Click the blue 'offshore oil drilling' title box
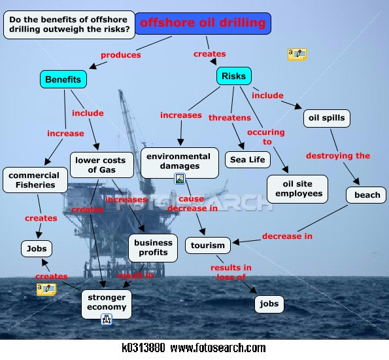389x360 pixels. point(203,24)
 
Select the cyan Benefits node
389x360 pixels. point(63,79)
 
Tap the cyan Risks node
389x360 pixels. point(233,76)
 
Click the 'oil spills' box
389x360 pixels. point(327,118)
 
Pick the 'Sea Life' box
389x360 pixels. point(248,160)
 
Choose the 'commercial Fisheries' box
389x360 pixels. point(35,180)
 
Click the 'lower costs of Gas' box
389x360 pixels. point(102,165)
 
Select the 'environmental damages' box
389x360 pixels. point(180,163)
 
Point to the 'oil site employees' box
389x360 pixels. point(297,189)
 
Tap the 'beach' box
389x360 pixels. point(366,195)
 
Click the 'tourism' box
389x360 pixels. point(208,245)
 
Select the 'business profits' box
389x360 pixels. point(153,247)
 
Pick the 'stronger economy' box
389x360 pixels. point(107,304)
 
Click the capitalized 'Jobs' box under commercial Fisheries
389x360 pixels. point(37,249)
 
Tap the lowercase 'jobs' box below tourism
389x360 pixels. point(269,304)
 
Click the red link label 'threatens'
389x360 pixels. point(229,118)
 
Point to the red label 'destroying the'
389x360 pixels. point(338,156)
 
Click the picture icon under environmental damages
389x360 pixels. point(180,179)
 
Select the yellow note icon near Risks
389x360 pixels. point(297,54)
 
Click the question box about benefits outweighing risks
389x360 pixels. point(69,25)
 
